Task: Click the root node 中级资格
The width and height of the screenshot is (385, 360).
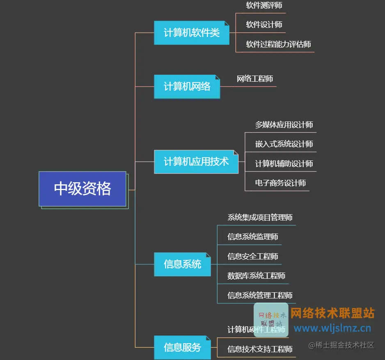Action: pyautogui.click(x=82, y=189)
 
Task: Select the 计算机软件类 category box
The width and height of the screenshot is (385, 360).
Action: pyautogui.click(x=191, y=33)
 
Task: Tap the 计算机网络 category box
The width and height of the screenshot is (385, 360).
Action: pyautogui.click(x=187, y=86)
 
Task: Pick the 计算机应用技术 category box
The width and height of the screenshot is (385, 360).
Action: pyautogui.click(x=196, y=162)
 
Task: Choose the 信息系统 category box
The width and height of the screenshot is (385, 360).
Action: pyautogui.click(x=182, y=264)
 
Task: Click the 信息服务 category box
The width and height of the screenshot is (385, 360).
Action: pyautogui.click(x=182, y=347)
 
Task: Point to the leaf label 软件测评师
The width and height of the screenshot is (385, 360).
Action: pyautogui.click(x=264, y=6)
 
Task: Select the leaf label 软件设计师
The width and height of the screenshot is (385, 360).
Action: pyautogui.click(x=264, y=25)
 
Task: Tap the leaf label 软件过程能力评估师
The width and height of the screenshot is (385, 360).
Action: pyautogui.click(x=278, y=44)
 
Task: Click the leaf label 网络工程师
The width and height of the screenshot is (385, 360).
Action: pyautogui.click(x=254, y=79)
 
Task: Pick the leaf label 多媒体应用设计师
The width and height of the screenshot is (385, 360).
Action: pyautogui.click(x=284, y=125)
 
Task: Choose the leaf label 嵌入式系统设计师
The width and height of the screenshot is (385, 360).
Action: pyautogui.click(x=284, y=144)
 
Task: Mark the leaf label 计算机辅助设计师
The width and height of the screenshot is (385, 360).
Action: pyautogui.click(x=284, y=164)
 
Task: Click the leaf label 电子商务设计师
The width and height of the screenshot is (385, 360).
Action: pyautogui.click(x=280, y=183)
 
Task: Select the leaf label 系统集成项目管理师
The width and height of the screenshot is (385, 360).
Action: pyautogui.click(x=260, y=218)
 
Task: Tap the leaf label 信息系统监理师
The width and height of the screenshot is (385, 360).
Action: pyautogui.click(x=252, y=237)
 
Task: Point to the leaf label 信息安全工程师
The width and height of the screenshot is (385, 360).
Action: pyautogui.click(x=252, y=257)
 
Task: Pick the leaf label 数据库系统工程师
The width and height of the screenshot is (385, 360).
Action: pyautogui.click(x=256, y=276)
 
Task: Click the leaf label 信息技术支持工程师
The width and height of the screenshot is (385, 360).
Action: pyautogui.click(x=260, y=349)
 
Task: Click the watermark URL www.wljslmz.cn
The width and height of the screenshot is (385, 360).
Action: pyautogui.click(x=332, y=328)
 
